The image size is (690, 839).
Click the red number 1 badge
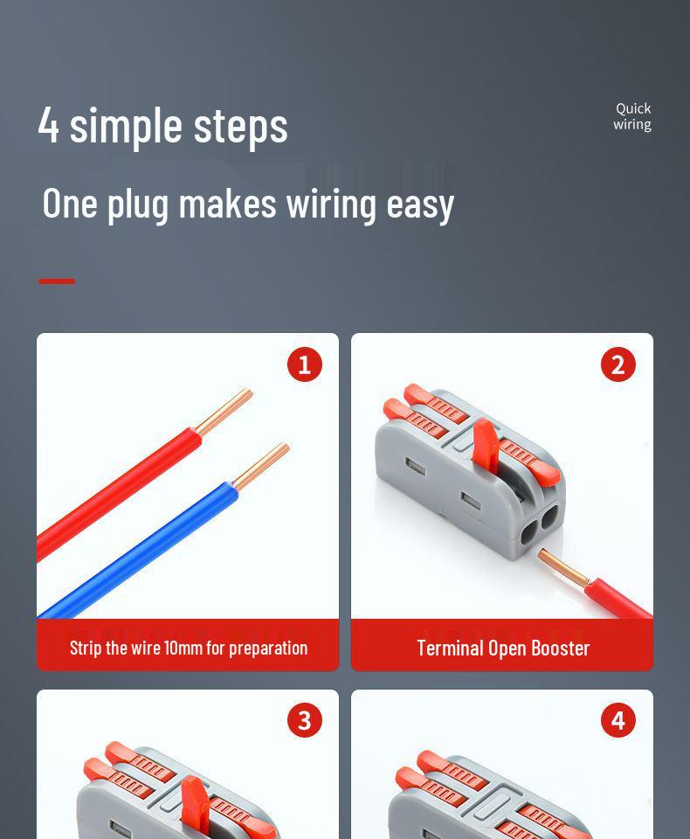tap(304, 364)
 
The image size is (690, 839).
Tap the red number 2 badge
tap(618, 364)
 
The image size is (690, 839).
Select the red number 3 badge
tap(304, 720)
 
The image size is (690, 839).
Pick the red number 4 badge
tap(618, 720)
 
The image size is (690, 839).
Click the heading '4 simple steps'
tap(162, 125)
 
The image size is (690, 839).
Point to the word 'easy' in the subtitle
tap(420, 204)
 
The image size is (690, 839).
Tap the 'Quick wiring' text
tap(632, 116)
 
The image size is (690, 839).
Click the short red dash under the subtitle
tap(57, 281)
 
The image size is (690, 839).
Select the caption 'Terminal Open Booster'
tap(503, 648)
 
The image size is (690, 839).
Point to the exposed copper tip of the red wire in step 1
tap(224, 412)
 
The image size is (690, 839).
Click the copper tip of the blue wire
tap(261, 466)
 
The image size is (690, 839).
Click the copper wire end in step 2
tap(563, 567)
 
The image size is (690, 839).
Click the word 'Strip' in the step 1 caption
tap(86, 648)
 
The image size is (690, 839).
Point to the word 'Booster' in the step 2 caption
tap(558, 648)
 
